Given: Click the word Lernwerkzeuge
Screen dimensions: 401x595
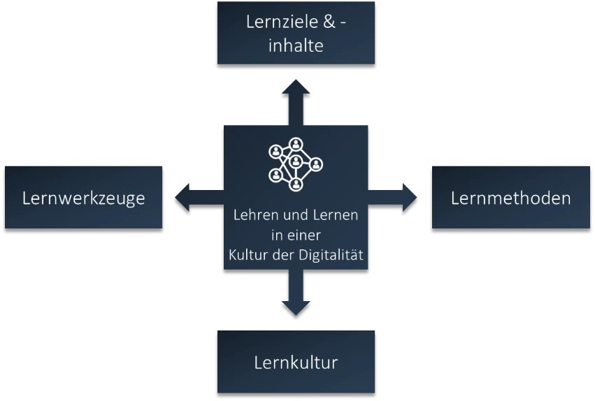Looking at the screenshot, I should (83, 198).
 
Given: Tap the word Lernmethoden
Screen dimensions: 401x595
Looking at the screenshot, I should (510, 198).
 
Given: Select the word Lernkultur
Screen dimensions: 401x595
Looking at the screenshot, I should (296, 363).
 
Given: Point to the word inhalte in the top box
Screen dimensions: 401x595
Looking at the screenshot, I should (296, 46).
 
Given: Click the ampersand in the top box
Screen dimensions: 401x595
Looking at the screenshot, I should (327, 22).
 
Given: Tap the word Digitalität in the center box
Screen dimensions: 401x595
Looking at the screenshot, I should (334, 255).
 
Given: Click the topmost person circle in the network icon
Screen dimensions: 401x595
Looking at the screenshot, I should (296, 144).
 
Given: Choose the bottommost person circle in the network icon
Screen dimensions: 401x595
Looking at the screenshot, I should (296, 184).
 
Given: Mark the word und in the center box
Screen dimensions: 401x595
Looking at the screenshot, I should (293, 215).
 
